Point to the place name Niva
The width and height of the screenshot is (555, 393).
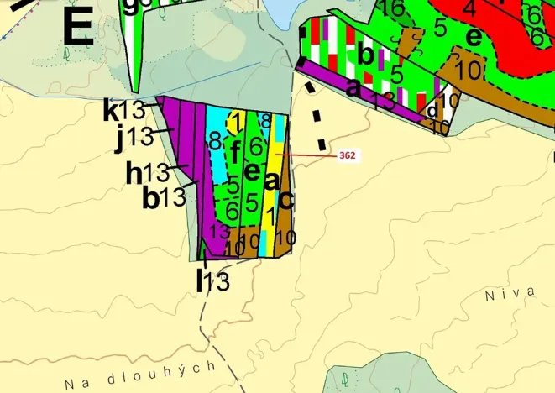(x=510, y=292)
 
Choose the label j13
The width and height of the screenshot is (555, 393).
(x=134, y=136)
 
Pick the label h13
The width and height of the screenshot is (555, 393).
(x=148, y=174)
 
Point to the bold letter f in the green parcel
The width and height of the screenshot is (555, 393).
(x=236, y=152)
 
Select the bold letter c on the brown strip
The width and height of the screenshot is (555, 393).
(x=285, y=200)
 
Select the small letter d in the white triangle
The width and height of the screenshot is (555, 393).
(x=432, y=110)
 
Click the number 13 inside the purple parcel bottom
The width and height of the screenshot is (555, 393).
(x=220, y=230)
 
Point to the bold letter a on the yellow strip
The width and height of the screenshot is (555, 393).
(x=271, y=181)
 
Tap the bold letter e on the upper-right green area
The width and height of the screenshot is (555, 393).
(x=474, y=37)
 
